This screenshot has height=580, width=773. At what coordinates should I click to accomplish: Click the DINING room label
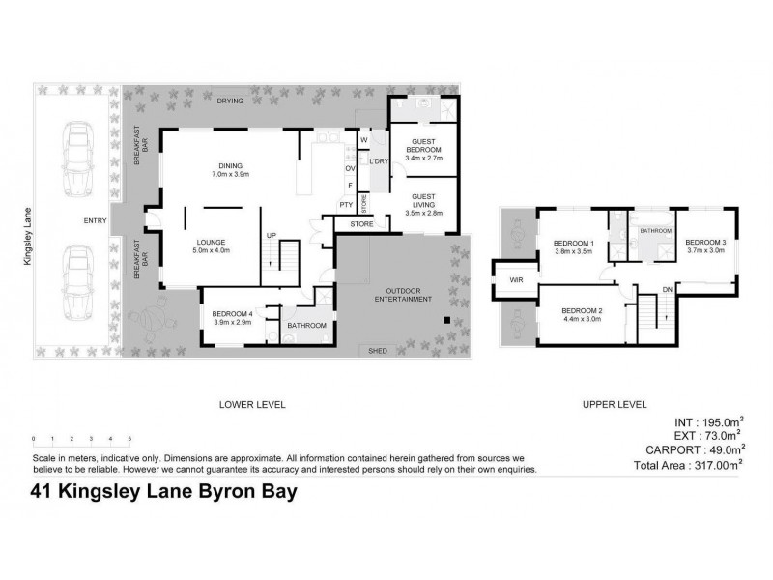(230, 165)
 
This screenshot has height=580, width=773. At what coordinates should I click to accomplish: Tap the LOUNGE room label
(211, 244)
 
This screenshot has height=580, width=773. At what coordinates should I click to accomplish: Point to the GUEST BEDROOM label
(423, 146)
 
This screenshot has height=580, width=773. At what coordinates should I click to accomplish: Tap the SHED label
(378, 351)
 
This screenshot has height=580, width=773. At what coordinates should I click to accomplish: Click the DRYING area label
(229, 101)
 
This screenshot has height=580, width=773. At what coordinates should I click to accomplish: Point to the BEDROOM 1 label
(572, 243)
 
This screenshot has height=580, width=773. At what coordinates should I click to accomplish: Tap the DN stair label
(667, 289)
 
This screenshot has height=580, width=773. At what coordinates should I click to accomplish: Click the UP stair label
(272, 235)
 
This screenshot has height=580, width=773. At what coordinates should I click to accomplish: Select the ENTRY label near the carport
(95, 221)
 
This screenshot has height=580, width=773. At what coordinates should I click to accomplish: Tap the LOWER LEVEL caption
(253, 404)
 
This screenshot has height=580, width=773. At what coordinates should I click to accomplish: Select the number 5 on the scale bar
(129, 439)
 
